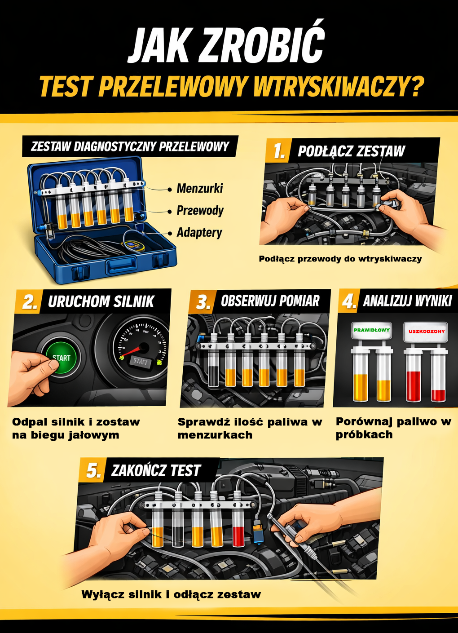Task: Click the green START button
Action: point(62,357)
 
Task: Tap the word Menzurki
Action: point(200,189)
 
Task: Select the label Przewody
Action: point(200,211)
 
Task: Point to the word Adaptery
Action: point(199,233)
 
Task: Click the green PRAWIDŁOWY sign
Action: point(372,330)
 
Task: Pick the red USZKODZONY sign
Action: point(427,331)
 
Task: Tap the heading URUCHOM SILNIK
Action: point(101,301)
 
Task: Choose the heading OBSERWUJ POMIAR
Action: point(270,301)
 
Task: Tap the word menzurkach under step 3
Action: point(215,435)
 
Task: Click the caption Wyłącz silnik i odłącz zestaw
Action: point(171,594)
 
